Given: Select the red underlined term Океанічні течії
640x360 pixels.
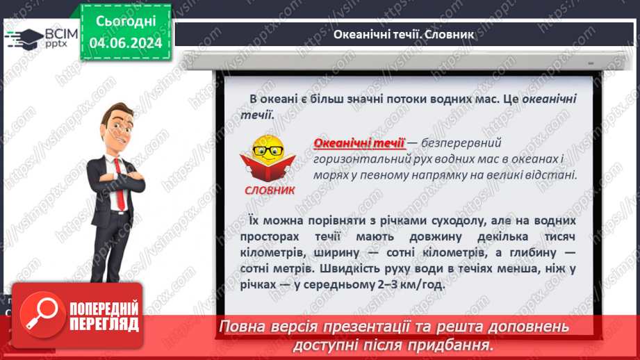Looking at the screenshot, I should (359, 143).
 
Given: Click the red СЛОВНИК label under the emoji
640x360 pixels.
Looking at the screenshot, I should (270, 189).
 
